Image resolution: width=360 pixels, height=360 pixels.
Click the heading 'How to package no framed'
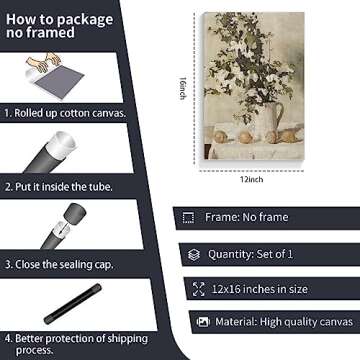59,26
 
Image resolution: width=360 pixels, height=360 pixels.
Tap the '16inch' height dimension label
183,88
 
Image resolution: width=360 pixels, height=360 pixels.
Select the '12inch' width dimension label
252,179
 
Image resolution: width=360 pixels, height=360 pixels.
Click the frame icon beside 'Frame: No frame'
188,218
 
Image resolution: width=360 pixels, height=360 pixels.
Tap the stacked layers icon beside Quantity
194,255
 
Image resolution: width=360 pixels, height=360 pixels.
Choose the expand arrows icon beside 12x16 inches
199,289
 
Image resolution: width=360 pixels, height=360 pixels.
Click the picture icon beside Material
203,322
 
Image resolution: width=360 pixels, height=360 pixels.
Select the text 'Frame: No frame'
247,217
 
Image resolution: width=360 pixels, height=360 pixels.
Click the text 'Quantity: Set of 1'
251,254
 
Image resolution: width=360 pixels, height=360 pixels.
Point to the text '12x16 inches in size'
260,289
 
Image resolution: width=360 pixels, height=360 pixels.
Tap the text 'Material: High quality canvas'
284,322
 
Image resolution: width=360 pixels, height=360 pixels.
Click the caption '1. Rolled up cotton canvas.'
65,113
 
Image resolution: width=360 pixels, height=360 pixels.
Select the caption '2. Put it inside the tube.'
59,187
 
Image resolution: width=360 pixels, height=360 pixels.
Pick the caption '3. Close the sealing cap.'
59,264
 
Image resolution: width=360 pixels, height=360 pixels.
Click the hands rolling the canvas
44,62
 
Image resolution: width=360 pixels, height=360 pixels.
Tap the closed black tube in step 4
73,304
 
